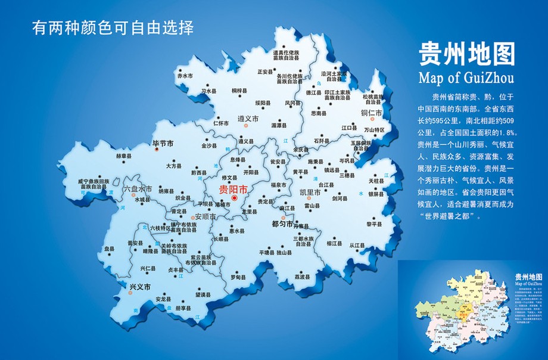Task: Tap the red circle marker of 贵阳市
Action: [x=234, y=198]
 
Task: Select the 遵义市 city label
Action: [x=248, y=119]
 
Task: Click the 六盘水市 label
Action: [x=138, y=189]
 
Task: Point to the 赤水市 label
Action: [x=185, y=76]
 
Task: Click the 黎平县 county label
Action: [x=374, y=225]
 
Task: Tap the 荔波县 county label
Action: [x=303, y=277]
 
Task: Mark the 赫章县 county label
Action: [x=124, y=156]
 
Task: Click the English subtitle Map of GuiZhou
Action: [x=466, y=78]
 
